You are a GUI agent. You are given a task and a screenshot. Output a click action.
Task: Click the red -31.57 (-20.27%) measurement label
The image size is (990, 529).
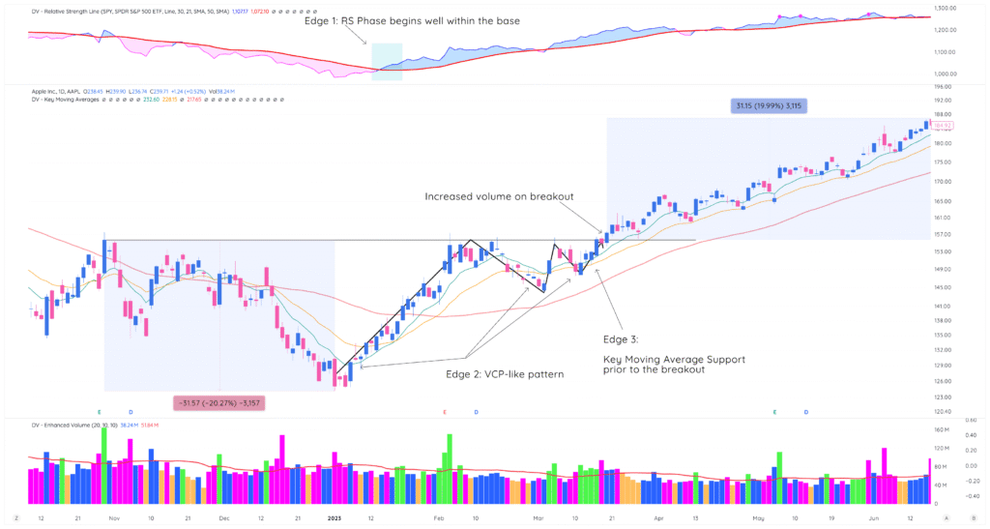coord(218,401)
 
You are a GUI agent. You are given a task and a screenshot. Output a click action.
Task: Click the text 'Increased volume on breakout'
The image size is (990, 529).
coord(499,196)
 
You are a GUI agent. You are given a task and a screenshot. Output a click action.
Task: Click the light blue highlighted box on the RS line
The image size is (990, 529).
coord(386,60)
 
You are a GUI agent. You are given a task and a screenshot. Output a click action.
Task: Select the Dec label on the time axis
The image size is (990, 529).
coord(224,517)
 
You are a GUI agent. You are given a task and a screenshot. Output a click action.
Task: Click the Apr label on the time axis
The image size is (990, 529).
coord(659,517)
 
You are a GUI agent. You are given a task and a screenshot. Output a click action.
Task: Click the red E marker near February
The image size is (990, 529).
coord(445,412)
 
